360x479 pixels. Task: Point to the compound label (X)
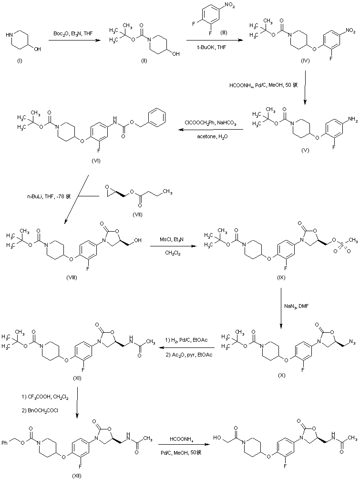tap(281, 375)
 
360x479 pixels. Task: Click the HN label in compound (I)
tap(12, 34)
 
